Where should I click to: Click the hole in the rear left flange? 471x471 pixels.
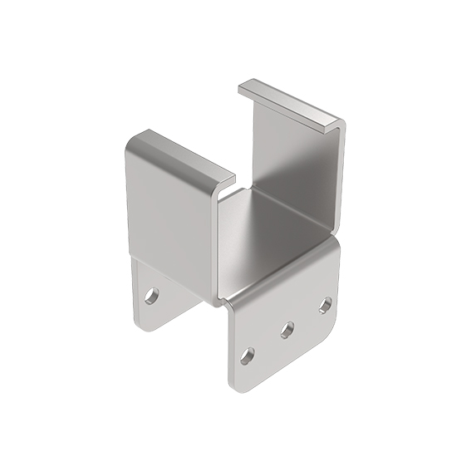click(153, 294)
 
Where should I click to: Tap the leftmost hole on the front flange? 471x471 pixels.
click(246, 356)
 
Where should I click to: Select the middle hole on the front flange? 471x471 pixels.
click(287, 331)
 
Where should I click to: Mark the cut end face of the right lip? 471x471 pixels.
click(336, 125)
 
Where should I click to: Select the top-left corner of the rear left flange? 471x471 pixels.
click(135, 259)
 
